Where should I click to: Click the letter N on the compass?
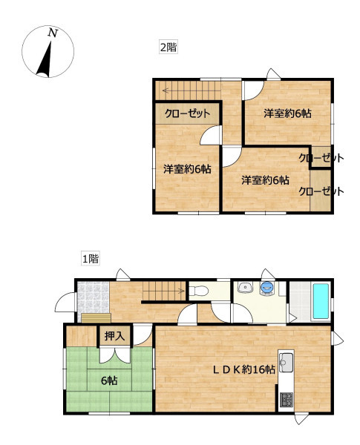coord(53,33)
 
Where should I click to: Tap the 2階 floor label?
coord(168,47)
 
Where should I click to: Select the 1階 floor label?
coord(91,259)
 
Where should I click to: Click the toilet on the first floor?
coord(199,291)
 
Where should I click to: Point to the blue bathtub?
coord(321,301)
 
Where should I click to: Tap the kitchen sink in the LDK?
coord(286,363)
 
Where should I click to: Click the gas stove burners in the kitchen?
coord(286,400)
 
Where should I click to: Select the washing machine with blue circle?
coord(267,288)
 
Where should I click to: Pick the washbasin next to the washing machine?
coord(245,287)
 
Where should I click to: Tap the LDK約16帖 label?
coord(244,369)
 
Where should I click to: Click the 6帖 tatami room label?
coord(109,381)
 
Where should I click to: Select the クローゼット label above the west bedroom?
coord(187,113)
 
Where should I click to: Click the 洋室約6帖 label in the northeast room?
coord(287,113)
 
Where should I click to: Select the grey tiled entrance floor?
coord(94,297)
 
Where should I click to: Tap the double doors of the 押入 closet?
coord(115,355)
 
